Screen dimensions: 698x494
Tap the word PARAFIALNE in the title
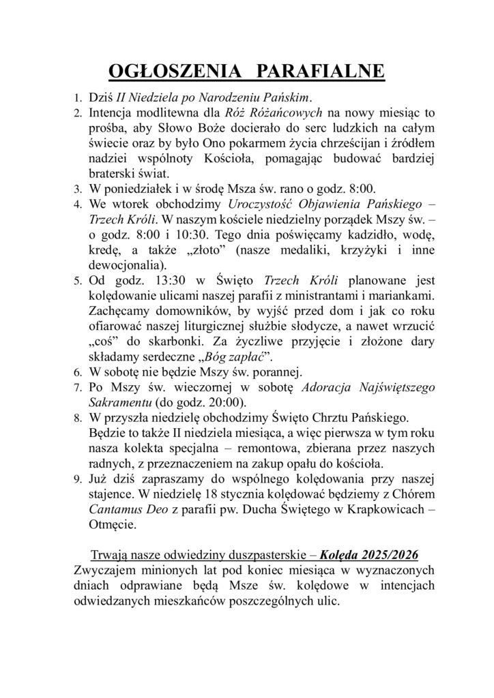[326, 72]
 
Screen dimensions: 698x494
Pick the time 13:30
[158, 280]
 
